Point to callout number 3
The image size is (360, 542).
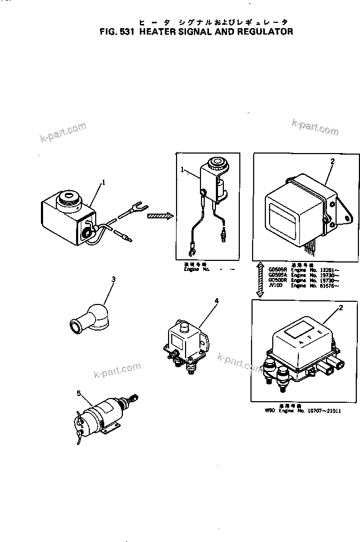point(113,280)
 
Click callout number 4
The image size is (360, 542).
point(216,301)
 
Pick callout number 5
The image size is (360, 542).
point(79,393)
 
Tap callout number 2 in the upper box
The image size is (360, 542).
point(332,160)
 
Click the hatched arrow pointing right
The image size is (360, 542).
point(160,216)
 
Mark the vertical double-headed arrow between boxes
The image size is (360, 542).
point(259,279)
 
